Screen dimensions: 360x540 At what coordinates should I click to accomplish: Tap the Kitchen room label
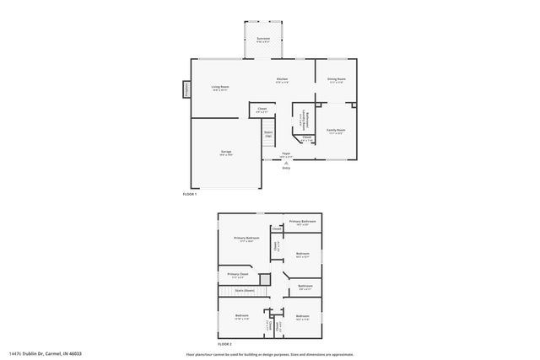[283, 78]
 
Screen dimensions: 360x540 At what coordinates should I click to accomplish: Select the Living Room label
[220, 87]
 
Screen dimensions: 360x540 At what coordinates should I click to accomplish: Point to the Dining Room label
[336, 78]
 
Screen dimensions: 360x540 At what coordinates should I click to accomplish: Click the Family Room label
[335, 130]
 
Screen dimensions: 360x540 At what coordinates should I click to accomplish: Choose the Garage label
[225, 152]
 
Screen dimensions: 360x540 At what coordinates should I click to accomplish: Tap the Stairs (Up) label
[268, 133]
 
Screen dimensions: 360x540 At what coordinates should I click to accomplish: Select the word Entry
[286, 169]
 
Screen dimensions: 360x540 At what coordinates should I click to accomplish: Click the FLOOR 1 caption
[190, 195]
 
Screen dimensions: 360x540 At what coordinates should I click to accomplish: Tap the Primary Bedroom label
[246, 239]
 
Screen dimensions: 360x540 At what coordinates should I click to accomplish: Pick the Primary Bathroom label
[303, 222]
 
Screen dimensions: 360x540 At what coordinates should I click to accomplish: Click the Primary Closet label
[238, 274]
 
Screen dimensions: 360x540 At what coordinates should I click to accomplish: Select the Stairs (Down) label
[245, 290]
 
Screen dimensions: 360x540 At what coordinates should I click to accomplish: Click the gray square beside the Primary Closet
[264, 277]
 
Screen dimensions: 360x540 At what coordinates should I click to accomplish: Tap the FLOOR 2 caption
[224, 344]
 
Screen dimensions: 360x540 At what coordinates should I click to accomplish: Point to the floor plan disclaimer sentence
[270, 354]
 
